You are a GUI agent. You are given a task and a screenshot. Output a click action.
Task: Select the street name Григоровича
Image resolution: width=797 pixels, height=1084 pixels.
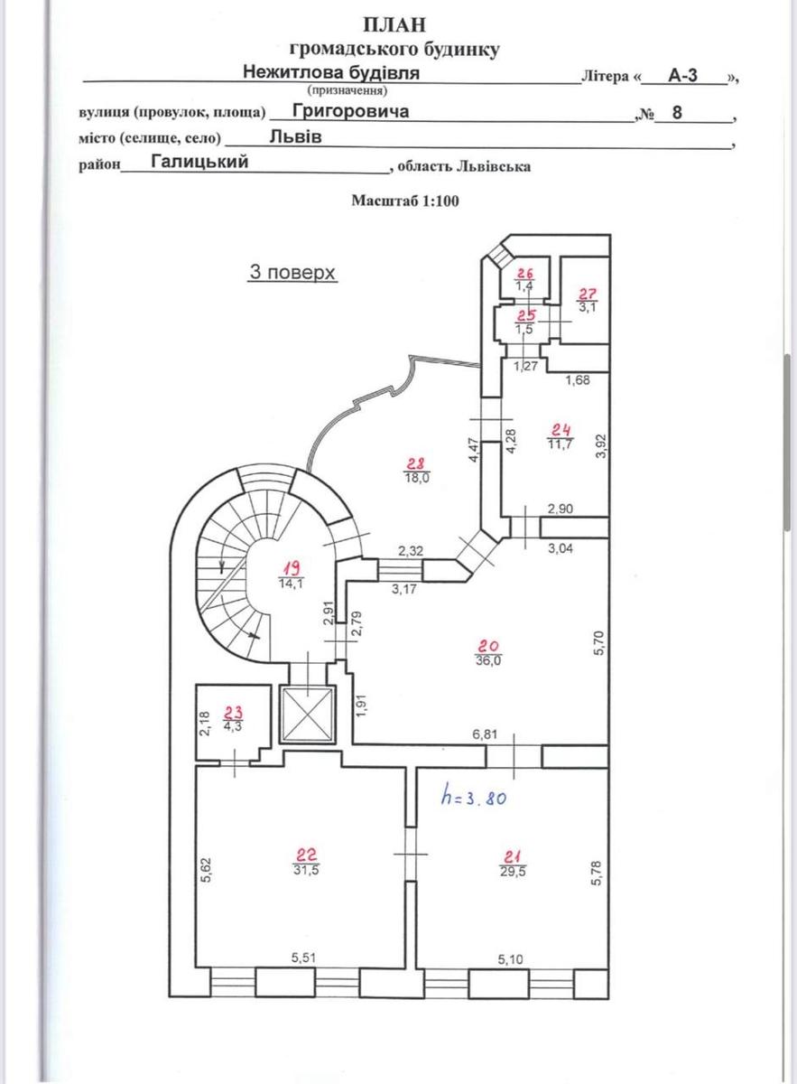[x=338, y=110]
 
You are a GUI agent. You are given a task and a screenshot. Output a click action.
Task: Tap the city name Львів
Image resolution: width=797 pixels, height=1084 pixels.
[x=295, y=137]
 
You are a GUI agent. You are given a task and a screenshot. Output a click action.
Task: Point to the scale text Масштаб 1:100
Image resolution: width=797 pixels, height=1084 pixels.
[x=405, y=201]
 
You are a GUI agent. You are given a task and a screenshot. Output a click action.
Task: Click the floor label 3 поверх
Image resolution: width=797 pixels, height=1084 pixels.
[x=292, y=272]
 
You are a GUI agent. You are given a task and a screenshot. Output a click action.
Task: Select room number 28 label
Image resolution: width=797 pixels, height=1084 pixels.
[x=416, y=463]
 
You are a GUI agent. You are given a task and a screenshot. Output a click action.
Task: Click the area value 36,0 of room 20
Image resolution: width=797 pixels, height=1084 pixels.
[x=488, y=660]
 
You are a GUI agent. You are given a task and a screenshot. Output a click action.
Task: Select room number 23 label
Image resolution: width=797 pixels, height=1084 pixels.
[x=234, y=711]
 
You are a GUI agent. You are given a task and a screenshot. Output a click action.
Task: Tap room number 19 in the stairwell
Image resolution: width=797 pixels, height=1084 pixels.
[x=291, y=568]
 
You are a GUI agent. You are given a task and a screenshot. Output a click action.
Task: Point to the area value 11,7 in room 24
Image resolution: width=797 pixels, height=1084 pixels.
[x=560, y=444]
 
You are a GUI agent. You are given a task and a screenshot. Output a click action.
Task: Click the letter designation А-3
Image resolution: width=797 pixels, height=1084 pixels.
[x=682, y=76]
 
